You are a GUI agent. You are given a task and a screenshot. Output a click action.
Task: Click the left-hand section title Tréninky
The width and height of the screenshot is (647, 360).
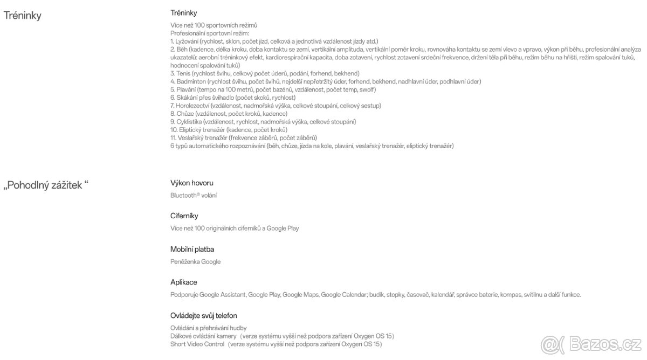click(x=23, y=15)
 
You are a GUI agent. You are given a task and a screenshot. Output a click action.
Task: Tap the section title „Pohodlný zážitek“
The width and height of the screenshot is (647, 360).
click(x=46, y=185)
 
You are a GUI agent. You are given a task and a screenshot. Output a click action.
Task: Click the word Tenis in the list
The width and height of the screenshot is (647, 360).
click(x=184, y=73)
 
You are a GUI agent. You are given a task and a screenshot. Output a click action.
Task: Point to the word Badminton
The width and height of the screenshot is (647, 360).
click(x=191, y=81)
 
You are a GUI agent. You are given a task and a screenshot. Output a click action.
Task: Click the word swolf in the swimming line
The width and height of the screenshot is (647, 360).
click(x=368, y=89)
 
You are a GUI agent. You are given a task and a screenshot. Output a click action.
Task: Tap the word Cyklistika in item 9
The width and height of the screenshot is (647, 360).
click(x=189, y=122)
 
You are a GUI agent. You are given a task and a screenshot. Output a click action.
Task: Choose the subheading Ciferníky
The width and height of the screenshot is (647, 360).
click(x=184, y=216)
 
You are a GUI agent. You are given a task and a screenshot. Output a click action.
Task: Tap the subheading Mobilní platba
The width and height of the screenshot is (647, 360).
click(x=189, y=249)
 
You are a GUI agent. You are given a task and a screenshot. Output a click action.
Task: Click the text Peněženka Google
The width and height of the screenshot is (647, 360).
click(x=196, y=262)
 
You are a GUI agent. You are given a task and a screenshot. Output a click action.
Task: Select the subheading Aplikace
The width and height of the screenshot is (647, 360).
click(x=184, y=282)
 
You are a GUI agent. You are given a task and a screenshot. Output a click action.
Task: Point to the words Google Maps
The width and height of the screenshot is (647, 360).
click(x=300, y=295)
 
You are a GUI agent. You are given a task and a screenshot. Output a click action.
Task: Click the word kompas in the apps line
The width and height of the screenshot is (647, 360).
click(x=511, y=295)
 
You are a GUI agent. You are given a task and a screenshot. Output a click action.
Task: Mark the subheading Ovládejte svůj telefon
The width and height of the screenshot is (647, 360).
click(x=204, y=315)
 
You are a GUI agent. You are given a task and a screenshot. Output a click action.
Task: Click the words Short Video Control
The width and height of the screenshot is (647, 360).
click(x=197, y=343)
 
